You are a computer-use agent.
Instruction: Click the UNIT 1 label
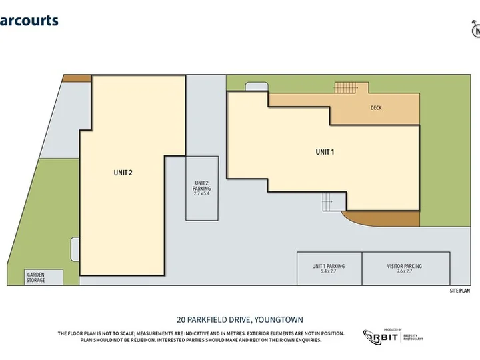[325, 152]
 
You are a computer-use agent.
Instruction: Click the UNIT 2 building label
[123, 173]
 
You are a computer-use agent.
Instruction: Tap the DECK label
[376, 108]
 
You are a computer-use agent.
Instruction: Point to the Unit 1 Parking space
[328, 268]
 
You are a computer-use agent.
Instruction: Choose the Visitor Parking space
[404, 268]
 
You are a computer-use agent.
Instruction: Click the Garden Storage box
[36, 277]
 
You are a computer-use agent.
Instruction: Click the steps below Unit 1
[327, 201]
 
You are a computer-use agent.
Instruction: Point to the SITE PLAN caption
[460, 291]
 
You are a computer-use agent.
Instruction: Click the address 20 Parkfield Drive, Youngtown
[239, 320]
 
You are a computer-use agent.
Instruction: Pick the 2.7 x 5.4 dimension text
[202, 194]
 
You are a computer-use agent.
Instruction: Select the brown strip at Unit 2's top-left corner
[76, 78]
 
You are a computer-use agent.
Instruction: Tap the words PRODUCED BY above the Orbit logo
[393, 329]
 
